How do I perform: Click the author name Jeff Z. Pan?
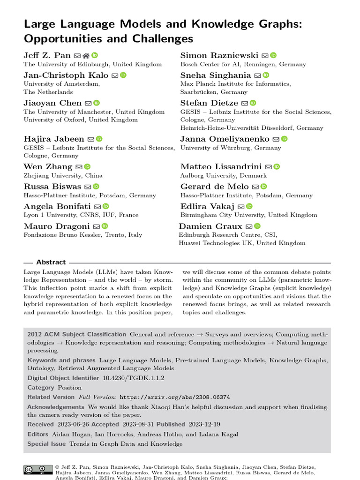47,55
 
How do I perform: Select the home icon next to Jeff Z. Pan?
86,55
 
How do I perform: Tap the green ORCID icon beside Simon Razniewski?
274,55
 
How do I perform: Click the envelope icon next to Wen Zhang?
79,166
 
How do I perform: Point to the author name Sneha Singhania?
216,75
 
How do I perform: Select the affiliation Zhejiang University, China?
63,175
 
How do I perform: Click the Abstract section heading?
51,262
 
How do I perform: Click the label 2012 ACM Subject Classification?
76,334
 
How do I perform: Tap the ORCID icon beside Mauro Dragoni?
105,226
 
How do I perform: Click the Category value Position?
69,388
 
